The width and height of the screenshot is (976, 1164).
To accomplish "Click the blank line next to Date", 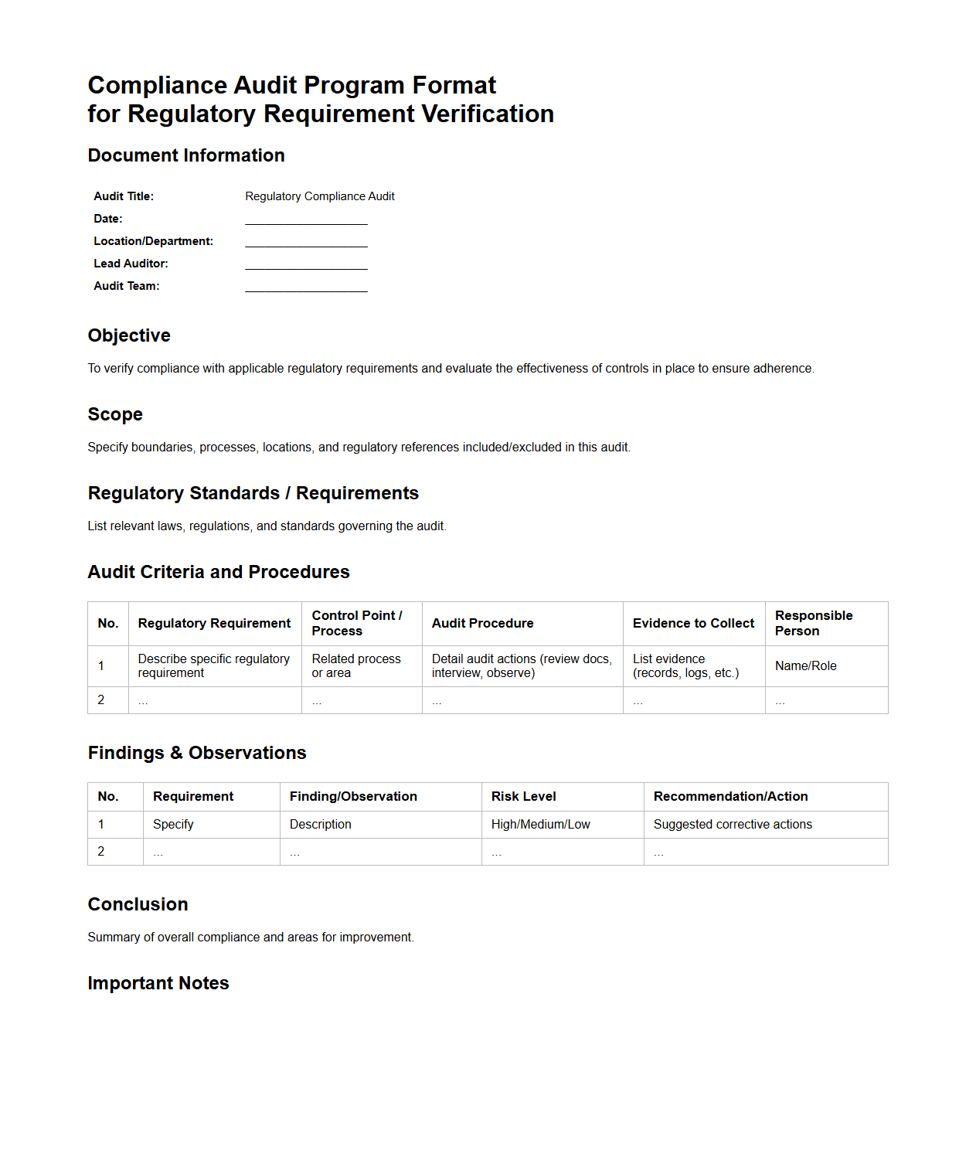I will pyautogui.click(x=306, y=220).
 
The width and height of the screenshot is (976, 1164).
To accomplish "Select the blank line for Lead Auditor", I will pyautogui.click(x=306, y=264).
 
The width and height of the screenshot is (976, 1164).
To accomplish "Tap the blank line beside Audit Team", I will pyautogui.click(x=306, y=287).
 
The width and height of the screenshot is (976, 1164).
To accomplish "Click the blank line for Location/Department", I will pyautogui.click(x=306, y=242).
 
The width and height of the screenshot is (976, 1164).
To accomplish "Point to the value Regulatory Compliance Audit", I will pyautogui.click(x=319, y=196).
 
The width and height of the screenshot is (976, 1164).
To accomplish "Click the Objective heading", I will pyautogui.click(x=129, y=335).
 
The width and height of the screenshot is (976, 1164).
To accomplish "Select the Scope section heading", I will pyautogui.click(x=115, y=414).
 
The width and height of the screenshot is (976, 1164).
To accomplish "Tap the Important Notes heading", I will pyautogui.click(x=158, y=983).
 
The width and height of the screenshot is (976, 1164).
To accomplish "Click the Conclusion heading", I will pyautogui.click(x=138, y=904).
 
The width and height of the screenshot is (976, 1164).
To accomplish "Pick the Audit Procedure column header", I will pyautogui.click(x=482, y=623).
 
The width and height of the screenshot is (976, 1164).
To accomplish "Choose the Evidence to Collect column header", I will pyautogui.click(x=693, y=623).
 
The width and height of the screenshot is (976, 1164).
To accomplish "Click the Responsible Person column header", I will pyautogui.click(x=814, y=623).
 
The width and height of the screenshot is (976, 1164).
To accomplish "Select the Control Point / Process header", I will pyautogui.click(x=357, y=623).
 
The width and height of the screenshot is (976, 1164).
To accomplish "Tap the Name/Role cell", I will pyautogui.click(x=805, y=666).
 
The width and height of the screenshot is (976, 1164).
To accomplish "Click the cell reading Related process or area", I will pyautogui.click(x=356, y=666).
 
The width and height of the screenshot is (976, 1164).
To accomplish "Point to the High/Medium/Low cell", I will pyautogui.click(x=540, y=825).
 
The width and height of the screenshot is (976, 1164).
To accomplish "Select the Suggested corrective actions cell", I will pyautogui.click(x=733, y=825).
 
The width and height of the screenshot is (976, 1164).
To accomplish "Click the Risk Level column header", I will pyautogui.click(x=523, y=797).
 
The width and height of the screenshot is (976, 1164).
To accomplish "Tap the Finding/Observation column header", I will pyautogui.click(x=353, y=797).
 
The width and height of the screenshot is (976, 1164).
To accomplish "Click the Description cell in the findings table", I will pyautogui.click(x=320, y=825).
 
